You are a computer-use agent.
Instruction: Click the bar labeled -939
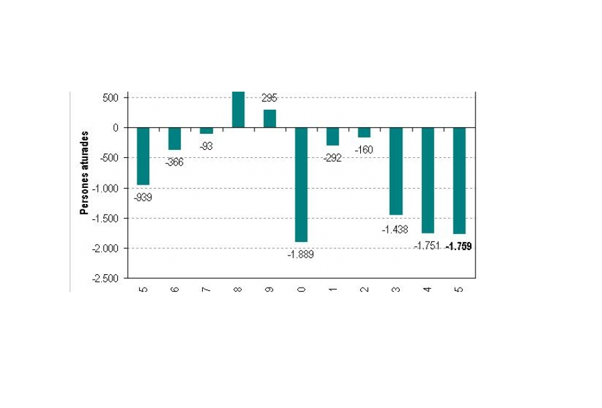tap(143, 156)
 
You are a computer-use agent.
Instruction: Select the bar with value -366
tap(175, 138)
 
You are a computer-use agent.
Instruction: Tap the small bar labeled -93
tap(206, 130)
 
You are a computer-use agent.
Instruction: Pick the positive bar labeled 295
tap(269, 118)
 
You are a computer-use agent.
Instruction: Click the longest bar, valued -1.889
tap(301, 184)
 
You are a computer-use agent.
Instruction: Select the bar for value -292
tap(333, 136)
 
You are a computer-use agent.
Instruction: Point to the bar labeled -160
tap(364, 132)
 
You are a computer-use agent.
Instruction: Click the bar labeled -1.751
tap(427, 180)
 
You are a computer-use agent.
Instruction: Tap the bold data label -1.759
tap(459, 247)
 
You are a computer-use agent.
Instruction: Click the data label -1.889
tap(301, 254)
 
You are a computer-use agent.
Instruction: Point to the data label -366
tap(174, 162)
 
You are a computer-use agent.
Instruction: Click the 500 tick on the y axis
tap(111, 98)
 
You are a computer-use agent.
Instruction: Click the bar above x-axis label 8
tap(238, 109)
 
